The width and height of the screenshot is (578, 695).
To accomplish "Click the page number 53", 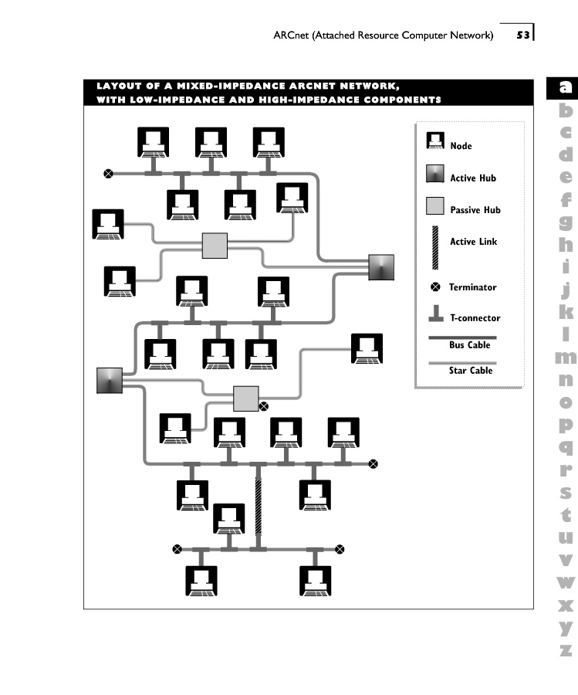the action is [x=523, y=35].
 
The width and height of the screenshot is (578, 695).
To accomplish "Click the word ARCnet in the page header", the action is [x=291, y=35].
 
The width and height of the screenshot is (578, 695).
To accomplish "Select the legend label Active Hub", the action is [x=473, y=178].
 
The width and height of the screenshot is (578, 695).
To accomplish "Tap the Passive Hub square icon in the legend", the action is [x=435, y=206].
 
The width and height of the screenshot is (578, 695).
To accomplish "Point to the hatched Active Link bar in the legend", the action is [x=435, y=247].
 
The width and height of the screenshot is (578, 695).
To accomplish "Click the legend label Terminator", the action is [x=472, y=287].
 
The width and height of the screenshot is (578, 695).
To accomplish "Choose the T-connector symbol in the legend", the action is [x=436, y=313].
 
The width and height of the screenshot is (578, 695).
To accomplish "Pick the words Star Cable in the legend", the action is [x=471, y=370].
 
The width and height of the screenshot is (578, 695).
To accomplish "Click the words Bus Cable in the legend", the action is [x=469, y=345].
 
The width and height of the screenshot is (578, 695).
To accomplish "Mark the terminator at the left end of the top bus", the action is [x=108, y=174].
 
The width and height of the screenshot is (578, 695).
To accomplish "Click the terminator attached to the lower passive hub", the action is [x=263, y=406].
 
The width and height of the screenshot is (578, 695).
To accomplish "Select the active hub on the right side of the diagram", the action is [x=381, y=267].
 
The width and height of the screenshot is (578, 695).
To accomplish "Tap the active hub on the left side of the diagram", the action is [x=110, y=380].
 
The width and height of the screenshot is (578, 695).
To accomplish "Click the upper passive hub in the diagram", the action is [x=215, y=246].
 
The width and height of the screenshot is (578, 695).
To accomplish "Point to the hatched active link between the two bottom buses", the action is [x=259, y=507].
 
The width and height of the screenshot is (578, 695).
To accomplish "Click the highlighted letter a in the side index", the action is [x=565, y=86].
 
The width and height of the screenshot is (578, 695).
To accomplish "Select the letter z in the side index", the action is [x=566, y=650].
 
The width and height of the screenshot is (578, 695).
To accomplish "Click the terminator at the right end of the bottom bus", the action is [x=340, y=550].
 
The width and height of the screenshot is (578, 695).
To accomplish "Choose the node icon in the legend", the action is [x=435, y=141].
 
